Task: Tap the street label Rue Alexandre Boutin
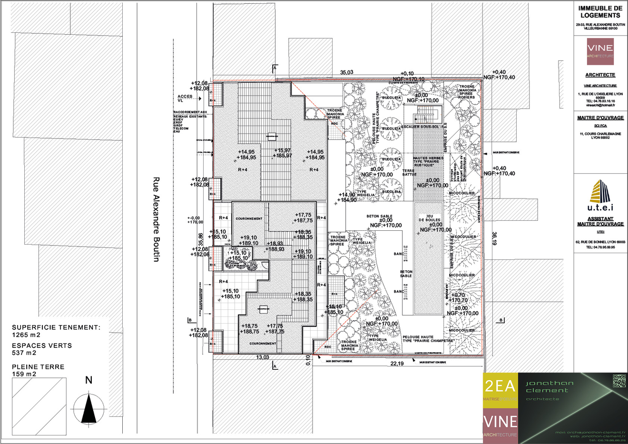point(156,219)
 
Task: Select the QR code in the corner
point(618,381)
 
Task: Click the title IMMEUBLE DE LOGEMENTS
point(600,12)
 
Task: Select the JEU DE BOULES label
point(429,218)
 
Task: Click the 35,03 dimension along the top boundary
point(346,72)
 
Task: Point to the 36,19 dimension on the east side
point(494,238)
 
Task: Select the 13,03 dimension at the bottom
point(263,357)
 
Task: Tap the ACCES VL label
point(185,99)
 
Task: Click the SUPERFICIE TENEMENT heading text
point(56,327)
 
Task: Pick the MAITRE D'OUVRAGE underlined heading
point(600,118)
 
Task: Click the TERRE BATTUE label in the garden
point(409,172)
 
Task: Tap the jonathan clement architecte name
point(549,386)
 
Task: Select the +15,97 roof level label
point(283,150)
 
